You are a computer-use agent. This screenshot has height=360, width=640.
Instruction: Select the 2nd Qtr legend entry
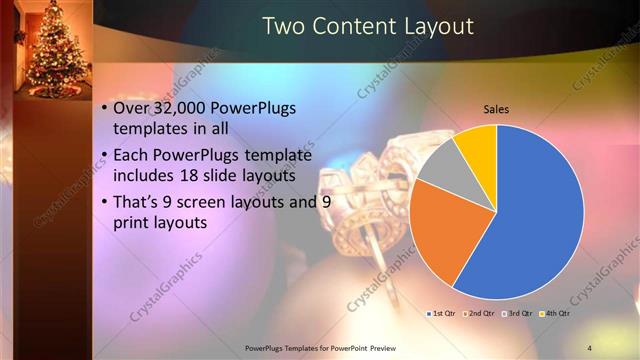[479, 314]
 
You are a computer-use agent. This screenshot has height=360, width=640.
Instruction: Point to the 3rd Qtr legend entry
[518, 314]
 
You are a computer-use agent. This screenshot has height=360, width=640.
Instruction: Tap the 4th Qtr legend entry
[555, 314]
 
